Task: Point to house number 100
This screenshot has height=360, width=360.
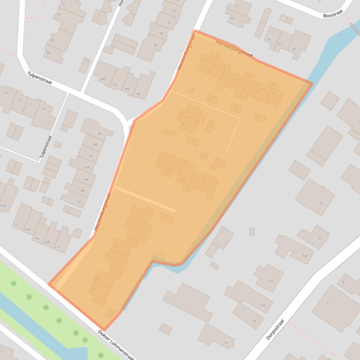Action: pos(3,206)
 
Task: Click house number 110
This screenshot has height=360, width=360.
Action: pos(57,246)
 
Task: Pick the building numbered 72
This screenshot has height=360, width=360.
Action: pos(321,203)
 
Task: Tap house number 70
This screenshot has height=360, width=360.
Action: pos(319,239)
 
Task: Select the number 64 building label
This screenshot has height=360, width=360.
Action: pos(305,256)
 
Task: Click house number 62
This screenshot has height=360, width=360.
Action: pos(272,281)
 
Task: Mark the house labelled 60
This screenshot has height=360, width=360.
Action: pos(263,305)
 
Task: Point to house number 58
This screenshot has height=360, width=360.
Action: pos(254,321)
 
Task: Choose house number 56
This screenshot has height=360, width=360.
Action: pos(226,343)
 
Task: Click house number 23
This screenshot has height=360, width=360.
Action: pos(5,93)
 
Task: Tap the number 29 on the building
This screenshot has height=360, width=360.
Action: pos(43,109)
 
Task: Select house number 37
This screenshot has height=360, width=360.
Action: pos(236,6)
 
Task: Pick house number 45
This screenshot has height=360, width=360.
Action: pos(294,49)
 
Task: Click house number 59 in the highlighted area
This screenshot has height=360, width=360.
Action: pos(205,61)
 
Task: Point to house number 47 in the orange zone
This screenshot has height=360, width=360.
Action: pos(274,94)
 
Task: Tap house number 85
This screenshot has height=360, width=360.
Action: pos(94,290)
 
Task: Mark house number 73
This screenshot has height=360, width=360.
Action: pos(206,189)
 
